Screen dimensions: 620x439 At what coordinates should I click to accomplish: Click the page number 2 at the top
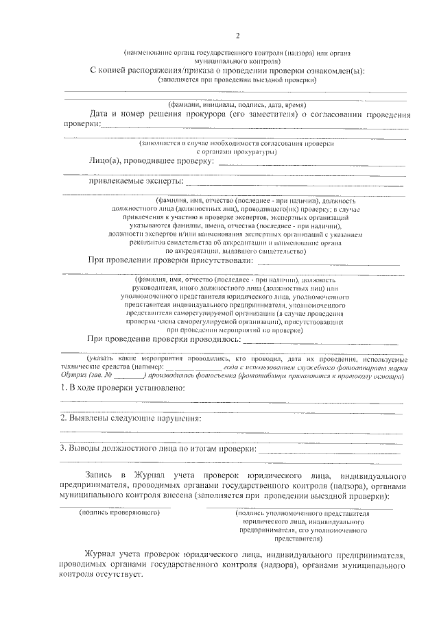[237, 36]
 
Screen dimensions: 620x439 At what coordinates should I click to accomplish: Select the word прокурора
[203, 113]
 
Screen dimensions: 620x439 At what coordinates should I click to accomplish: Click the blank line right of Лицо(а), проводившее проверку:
[312, 165]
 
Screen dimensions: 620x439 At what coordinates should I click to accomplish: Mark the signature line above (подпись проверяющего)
[115, 506]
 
